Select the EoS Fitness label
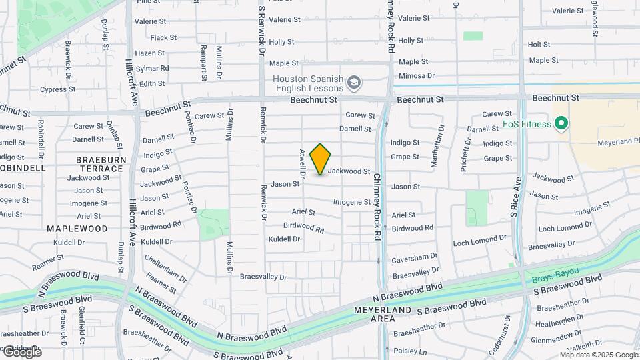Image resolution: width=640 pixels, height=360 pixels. click(x=527, y=124)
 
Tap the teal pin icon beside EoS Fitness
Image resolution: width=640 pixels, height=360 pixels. click(x=561, y=124)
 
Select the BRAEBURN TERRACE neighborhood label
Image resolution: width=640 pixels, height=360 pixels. click(x=99, y=164)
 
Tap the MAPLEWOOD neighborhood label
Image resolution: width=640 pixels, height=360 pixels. click(x=77, y=228)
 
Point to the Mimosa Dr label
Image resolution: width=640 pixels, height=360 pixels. click(x=417, y=76)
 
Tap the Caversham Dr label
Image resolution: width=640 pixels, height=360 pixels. click(x=414, y=256)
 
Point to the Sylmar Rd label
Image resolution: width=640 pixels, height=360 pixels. click(x=152, y=68)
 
